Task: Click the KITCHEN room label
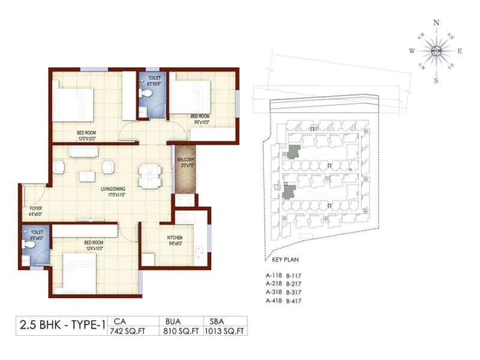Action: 175,238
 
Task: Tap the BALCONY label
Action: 185,160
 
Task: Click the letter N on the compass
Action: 436,22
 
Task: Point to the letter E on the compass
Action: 460,52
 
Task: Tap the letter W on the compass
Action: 412,52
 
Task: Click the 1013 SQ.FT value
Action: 225,331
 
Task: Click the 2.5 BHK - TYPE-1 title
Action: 62,326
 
